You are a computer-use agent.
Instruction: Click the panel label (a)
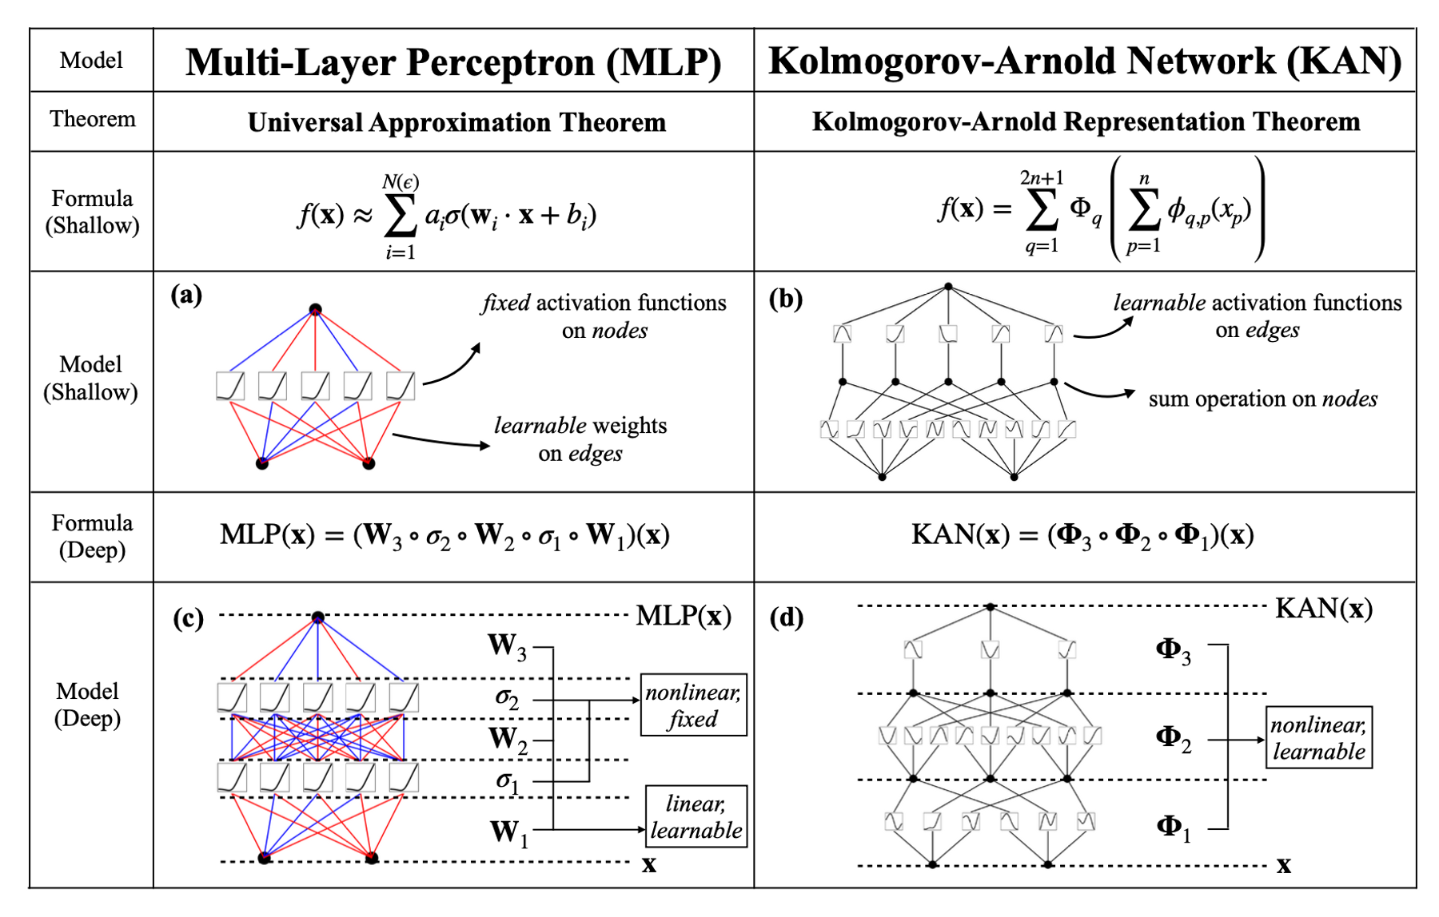(186, 296)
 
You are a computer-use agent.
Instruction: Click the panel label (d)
(786, 618)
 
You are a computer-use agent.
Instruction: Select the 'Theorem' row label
(92, 120)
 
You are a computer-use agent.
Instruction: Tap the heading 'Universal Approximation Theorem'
(456, 123)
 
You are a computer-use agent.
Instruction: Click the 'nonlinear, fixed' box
(693, 705)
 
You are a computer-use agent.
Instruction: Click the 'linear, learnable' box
(696, 816)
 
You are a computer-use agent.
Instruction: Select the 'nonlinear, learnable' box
(1318, 738)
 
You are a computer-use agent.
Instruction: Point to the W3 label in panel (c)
(508, 646)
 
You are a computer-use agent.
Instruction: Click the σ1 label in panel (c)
(508, 780)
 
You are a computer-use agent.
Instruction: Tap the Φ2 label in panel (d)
(1174, 738)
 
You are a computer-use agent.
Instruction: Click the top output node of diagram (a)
(316, 309)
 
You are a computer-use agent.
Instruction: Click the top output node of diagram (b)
(948, 286)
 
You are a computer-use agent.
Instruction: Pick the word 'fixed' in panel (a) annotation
(506, 304)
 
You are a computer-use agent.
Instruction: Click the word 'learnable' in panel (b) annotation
(1158, 303)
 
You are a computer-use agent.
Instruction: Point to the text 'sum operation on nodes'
(1262, 399)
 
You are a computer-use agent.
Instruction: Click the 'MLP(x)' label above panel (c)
(684, 616)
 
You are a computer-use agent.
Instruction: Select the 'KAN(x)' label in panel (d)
(1323, 609)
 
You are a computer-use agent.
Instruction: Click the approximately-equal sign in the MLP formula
(363, 216)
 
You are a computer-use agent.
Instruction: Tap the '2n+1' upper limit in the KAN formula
(1041, 177)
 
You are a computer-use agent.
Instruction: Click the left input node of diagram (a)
(262, 463)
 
